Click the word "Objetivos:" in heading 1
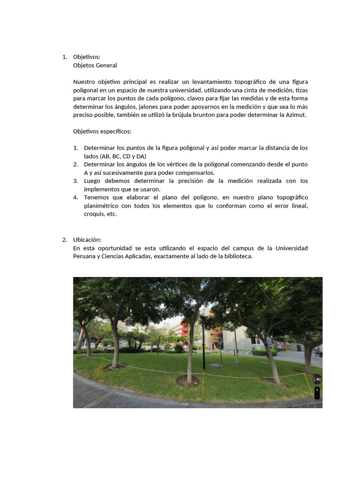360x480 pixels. (87, 57)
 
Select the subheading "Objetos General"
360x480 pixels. (95, 65)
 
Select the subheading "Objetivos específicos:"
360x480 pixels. (102, 131)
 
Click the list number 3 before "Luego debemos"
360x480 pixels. (75, 181)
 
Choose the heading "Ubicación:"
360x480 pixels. (87, 240)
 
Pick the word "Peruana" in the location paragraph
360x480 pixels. (84, 256)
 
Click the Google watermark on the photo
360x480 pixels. (183, 404)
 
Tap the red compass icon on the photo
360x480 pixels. (317, 379)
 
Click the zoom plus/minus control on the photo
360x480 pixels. (317, 393)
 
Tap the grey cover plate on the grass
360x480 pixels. (216, 365)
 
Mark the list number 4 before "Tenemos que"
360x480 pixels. (75, 197)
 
